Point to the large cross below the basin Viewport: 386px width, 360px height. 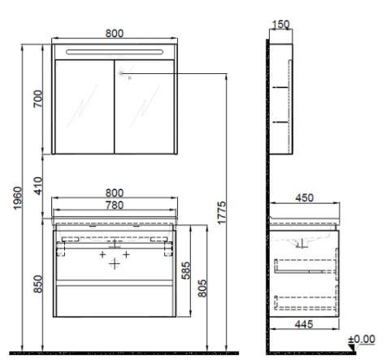(115, 264)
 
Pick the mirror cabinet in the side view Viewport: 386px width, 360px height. (280, 98)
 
